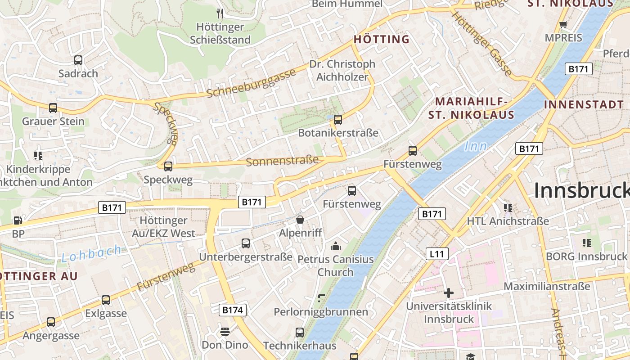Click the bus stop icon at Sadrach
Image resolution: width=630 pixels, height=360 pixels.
tap(78, 60)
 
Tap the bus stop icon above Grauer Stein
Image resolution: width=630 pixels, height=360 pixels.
tap(53, 108)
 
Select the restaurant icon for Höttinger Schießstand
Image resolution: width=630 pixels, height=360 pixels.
tap(220, 13)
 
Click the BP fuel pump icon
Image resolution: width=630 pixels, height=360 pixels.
tap(18, 220)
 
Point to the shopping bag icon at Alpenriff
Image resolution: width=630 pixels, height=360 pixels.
tap(300, 220)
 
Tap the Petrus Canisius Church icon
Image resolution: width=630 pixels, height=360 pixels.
tap(336, 246)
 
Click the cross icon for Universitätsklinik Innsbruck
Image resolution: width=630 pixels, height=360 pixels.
tap(448, 293)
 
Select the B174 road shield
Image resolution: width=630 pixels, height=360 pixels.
tap(233, 310)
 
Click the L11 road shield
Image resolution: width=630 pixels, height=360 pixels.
tap(436, 254)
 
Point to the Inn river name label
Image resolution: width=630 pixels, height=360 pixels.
tap(476, 146)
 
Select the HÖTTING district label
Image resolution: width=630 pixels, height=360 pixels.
tap(382, 40)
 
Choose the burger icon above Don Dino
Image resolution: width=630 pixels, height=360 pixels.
tap(225, 332)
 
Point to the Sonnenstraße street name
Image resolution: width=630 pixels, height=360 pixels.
tap(283, 161)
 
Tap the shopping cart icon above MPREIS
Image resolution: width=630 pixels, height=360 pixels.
tap(563, 24)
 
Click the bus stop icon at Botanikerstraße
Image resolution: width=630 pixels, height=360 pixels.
tap(338, 119)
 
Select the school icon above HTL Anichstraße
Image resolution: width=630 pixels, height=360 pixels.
tap(508, 207)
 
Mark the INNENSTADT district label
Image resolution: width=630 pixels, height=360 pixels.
tap(584, 104)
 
